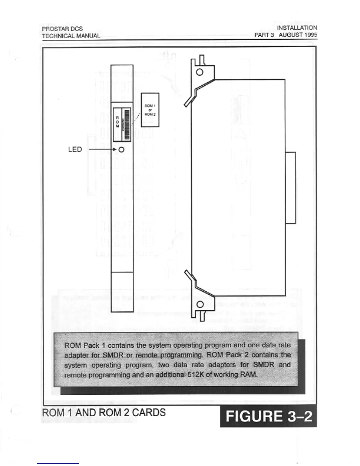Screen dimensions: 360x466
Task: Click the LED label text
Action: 75,149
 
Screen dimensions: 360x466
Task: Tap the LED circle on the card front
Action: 121,150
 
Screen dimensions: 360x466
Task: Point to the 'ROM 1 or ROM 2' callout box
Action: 150,110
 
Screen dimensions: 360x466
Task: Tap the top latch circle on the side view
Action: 200,72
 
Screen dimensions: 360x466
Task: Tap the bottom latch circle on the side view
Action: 200,304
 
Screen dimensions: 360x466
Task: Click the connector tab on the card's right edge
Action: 291,188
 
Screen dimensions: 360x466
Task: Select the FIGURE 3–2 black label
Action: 268,416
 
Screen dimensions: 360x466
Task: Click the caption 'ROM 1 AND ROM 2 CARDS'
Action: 104,412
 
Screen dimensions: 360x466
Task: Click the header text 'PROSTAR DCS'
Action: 62,29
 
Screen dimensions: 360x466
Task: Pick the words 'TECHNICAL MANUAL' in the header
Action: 71,36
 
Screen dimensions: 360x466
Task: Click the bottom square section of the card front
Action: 122,292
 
